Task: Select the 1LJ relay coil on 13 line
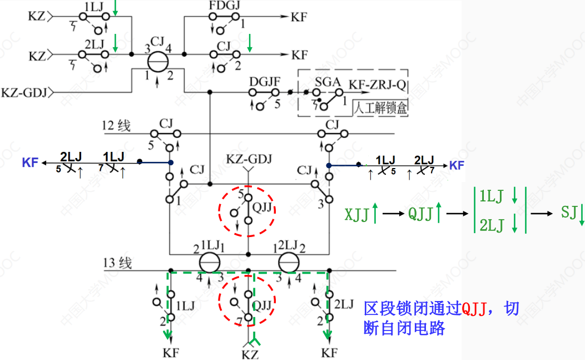(x=210, y=263)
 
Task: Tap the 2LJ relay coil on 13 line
(x=289, y=263)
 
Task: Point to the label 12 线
(x=116, y=126)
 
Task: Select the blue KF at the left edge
(x=30, y=163)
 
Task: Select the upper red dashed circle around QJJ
(x=246, y=207)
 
